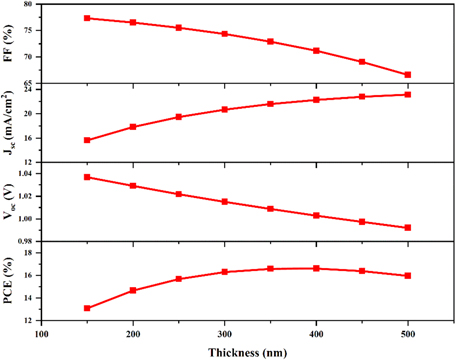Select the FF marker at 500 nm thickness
click(x=408, y=75)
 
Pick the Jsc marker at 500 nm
click(x=408, y=95)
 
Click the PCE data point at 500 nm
click(x=408, y=276)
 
